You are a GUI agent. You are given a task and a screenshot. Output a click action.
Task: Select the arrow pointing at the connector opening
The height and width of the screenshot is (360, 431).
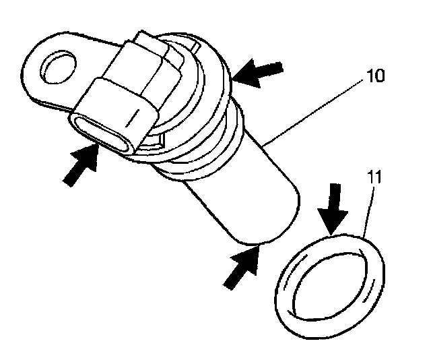(78, 166)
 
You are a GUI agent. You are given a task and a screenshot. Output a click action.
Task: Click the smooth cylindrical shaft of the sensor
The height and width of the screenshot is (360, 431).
(229, 189)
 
